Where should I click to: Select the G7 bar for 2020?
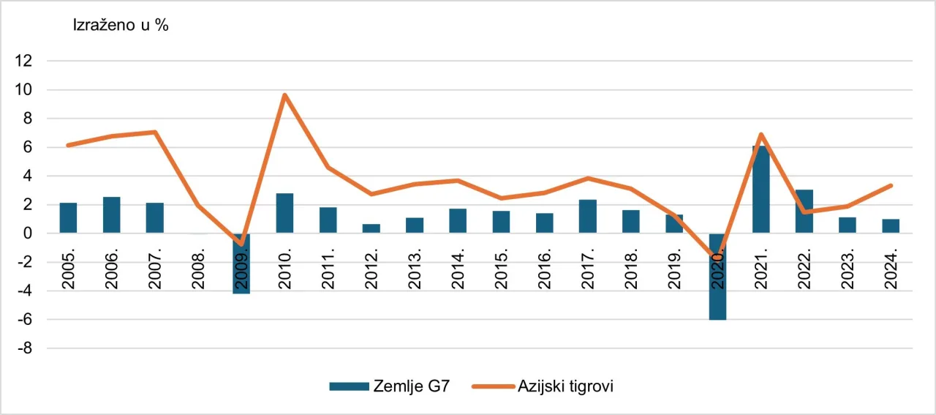[x=717, y=293]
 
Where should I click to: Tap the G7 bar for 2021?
[x=760, y=190]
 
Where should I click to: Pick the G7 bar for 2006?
[x=112, y=215]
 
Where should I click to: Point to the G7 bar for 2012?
[x=371, y=228]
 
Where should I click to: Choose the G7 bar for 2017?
[x=588, y=217]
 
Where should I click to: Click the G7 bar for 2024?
[x=891, y=226]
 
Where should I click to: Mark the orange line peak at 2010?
[x=284, y=95]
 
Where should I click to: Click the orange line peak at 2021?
[x=760, y=134]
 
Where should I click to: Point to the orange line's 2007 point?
[x=155, y=132]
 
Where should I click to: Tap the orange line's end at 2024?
[x=891, y=185]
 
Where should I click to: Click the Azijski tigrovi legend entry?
[x=548, y=386]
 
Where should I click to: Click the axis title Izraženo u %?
[x=121, y=25]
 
